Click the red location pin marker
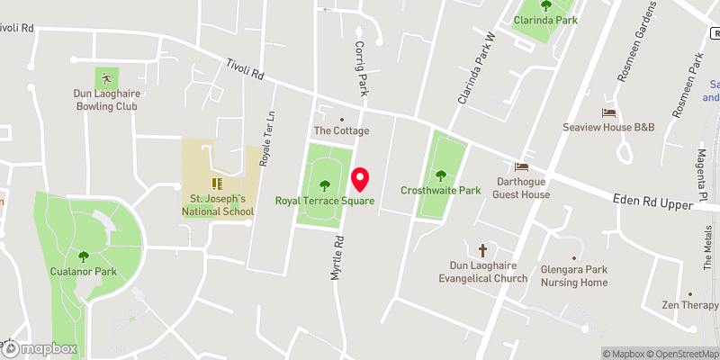click(x=361, y=179)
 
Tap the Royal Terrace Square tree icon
click(x=325, y=186)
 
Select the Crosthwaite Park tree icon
click(x=441, y=175)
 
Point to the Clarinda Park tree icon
click(x=545, y=4)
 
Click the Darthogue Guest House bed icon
click(x=520, y=167)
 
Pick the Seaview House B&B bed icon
click(x=609, y=113)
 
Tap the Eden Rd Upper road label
click(x=649, y=202)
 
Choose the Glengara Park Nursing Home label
click(x=574, y=275)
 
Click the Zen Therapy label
click(x=690, y=305)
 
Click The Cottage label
click(x=341, y=131)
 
